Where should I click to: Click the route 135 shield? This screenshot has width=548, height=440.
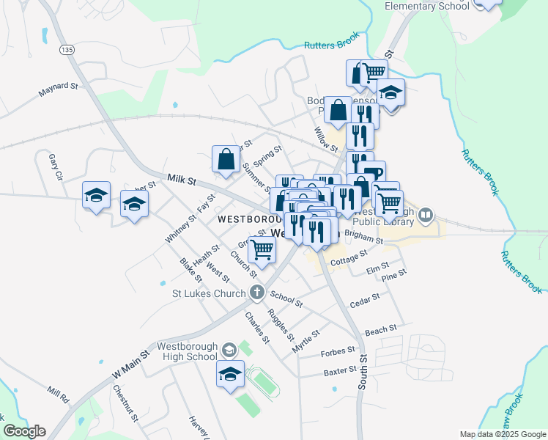coord(67,49)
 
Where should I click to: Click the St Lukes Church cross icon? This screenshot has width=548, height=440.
coord(256,293)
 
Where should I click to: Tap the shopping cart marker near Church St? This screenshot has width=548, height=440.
coord(262,250)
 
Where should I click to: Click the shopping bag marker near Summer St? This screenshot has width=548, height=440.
coord(226,158)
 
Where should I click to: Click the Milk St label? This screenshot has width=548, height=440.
coord(182,180)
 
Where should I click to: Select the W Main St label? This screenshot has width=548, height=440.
coord(130,363)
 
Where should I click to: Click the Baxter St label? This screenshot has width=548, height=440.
coord(339,372)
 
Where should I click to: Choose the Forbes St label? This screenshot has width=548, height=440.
coord(338,353)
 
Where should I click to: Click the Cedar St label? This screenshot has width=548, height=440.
coord(365,299)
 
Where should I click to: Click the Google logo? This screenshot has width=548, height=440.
coord(24,431)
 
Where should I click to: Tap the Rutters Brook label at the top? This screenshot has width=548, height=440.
coord(333,45)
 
